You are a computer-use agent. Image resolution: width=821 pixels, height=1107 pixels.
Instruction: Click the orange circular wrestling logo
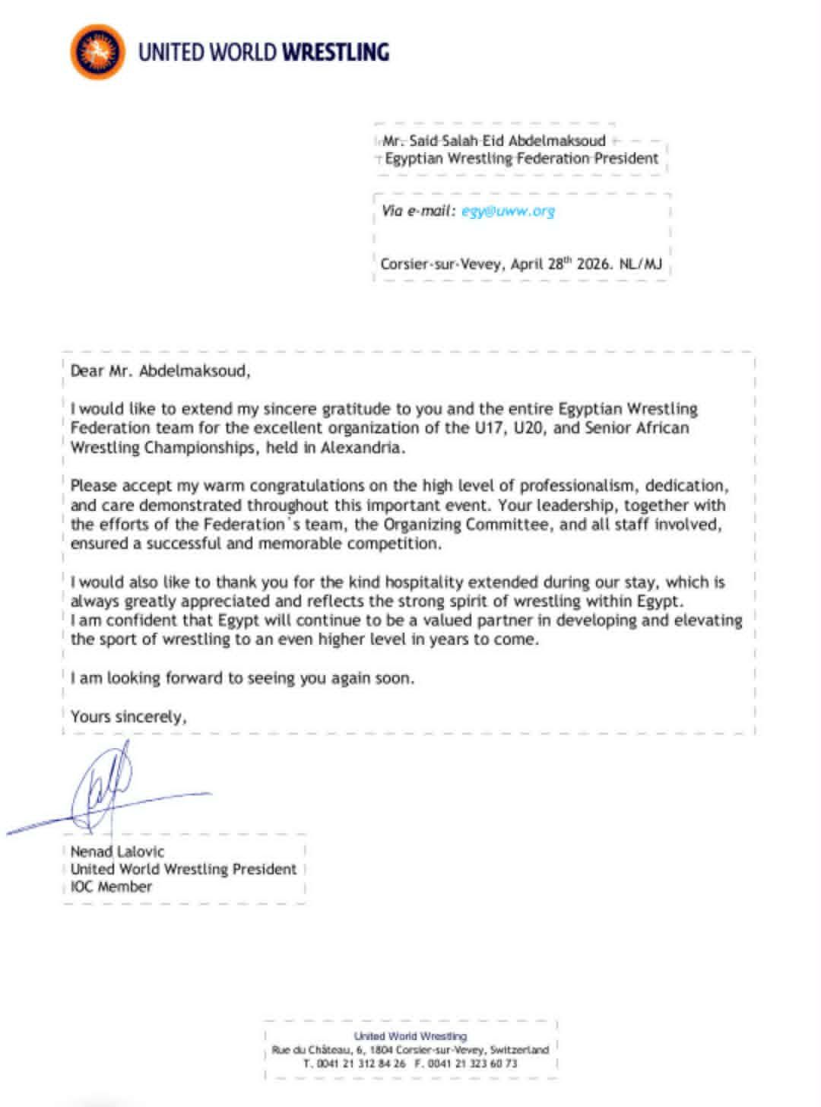pos(97,52)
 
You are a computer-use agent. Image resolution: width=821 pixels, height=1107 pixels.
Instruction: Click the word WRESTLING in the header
pos(335,52)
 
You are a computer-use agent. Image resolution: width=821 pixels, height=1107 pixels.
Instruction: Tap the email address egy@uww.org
pos(508,211)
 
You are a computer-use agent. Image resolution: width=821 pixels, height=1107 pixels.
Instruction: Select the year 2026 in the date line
pos(594,265)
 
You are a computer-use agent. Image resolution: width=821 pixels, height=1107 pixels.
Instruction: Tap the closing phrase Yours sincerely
pos(128,716)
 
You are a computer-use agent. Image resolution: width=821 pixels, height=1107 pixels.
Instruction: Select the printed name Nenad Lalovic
pos(117,852)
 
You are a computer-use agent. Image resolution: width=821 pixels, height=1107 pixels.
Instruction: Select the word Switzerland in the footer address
pos(519,1050)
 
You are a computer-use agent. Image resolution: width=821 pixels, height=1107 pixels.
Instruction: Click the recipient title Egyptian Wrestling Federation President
pos(521,159)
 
